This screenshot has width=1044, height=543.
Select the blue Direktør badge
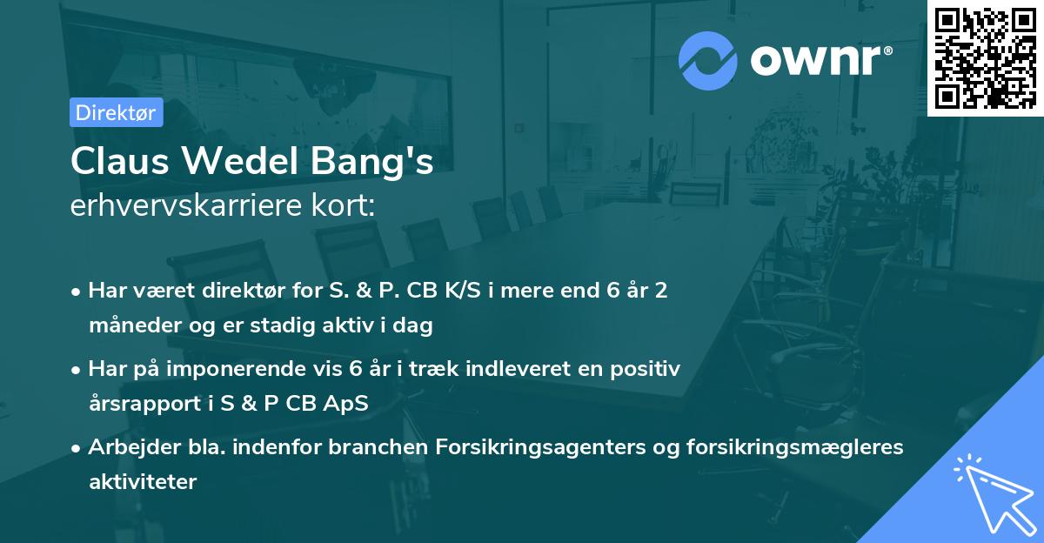[x=117, y=112]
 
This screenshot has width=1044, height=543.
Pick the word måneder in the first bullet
[x=131, y=326]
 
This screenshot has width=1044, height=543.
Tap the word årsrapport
[x=143, y=405]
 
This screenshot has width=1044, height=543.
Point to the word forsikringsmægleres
[x=813, y=447]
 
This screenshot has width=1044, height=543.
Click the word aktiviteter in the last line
[x=143, y=482]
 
